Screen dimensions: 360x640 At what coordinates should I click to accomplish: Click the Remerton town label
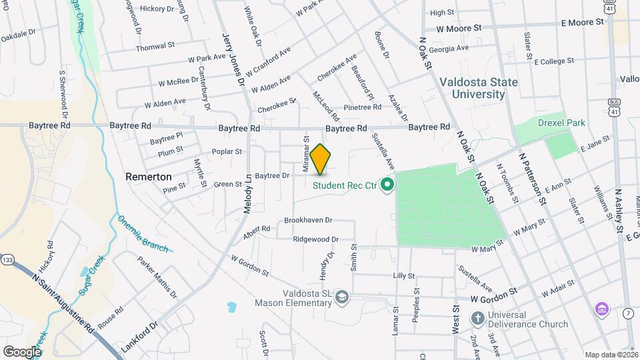point(148,177)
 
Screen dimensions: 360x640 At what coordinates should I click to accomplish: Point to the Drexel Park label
point(561,123)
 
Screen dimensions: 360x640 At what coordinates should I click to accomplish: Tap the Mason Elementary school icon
point(342,296)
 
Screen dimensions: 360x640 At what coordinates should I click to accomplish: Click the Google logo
point(22,351)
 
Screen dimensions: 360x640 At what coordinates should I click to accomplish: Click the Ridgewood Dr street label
point(316,239)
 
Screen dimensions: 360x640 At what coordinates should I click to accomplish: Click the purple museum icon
point(602,309)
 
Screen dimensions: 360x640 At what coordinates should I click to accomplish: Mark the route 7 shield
point(629,313)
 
